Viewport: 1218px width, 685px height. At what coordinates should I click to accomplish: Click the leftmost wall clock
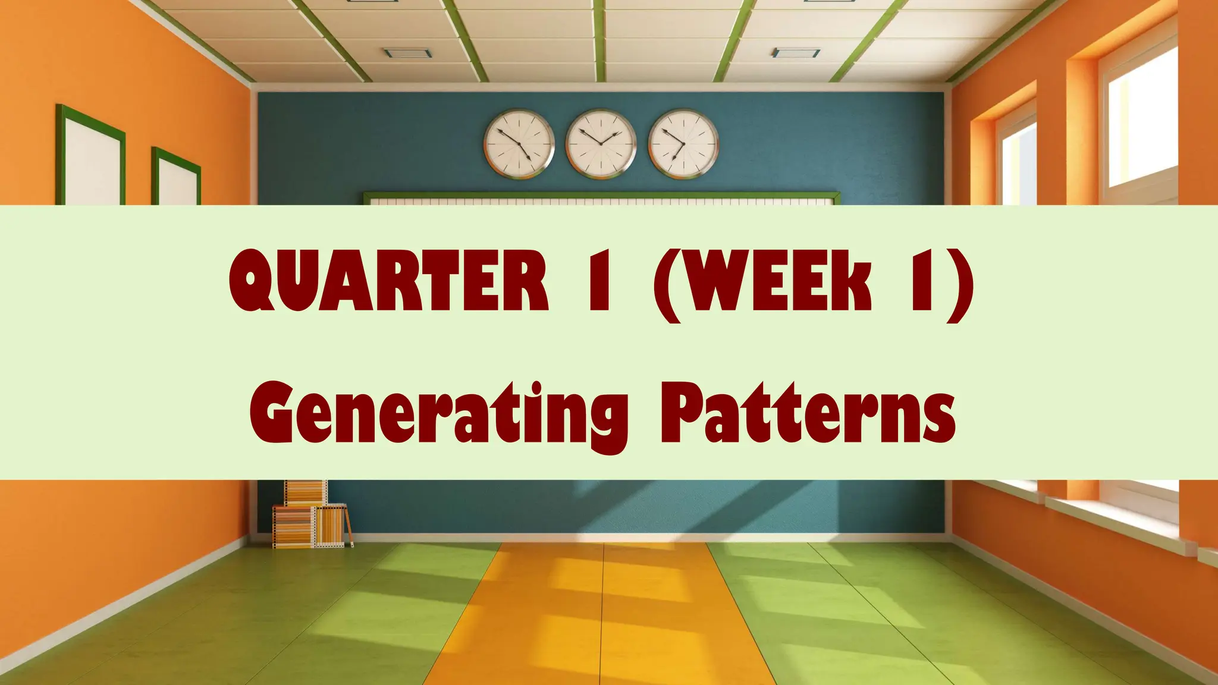(x=519, y=144)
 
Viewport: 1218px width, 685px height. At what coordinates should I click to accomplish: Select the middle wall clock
(x=601, y=144)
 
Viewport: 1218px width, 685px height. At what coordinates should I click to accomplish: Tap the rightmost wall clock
(x=683, y=144)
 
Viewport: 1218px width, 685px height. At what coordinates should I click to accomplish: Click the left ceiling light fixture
(x=407, y=53)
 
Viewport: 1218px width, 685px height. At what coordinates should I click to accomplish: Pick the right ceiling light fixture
(x=796, y=53)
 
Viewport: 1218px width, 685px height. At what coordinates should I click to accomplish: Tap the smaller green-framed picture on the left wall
(x=176, y=177)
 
